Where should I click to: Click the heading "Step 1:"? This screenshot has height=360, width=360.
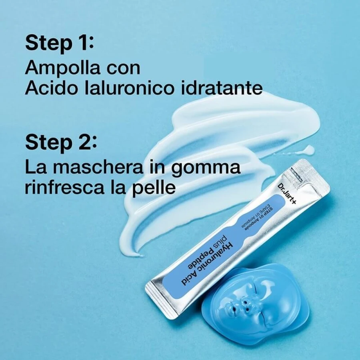coord(60,44)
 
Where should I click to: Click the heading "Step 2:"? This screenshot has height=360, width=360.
coord(61,143)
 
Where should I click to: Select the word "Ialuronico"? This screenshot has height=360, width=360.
coord(128,88)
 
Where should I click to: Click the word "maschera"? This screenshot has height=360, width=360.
coord(98,167)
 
